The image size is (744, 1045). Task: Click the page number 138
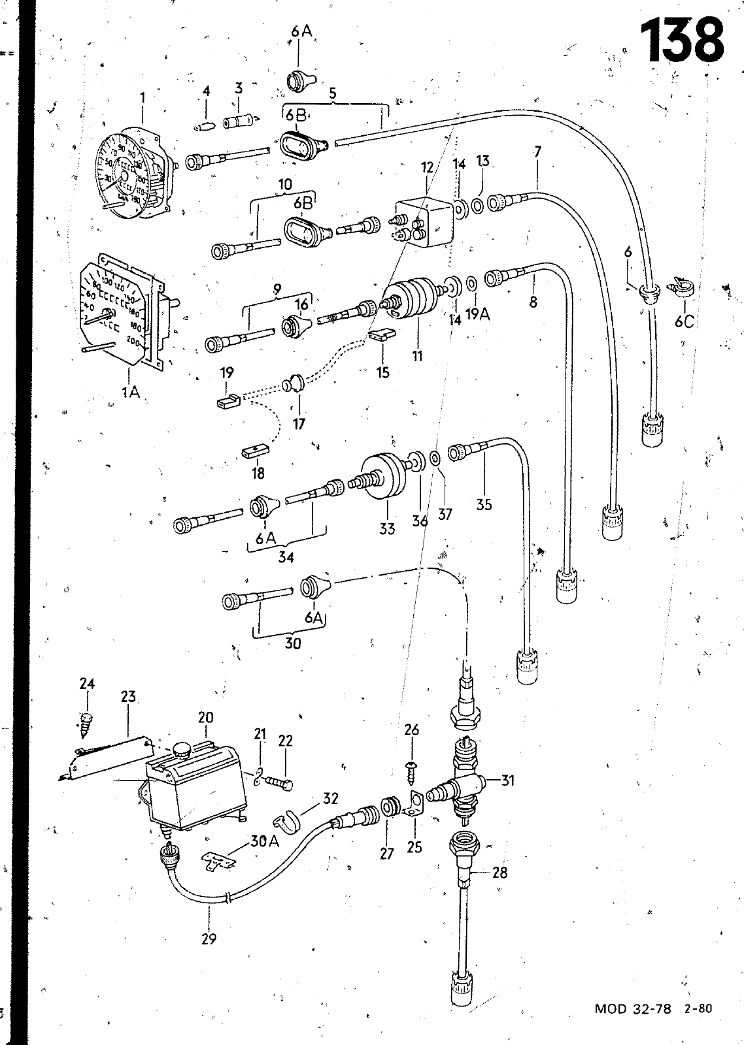coord(683,41)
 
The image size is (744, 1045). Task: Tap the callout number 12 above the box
coord(427,168)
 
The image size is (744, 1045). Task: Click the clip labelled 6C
coord(681,288)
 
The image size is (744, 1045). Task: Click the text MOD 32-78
coord(633,1027)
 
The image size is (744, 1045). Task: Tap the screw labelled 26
coord(411,765)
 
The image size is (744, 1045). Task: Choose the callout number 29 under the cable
coord(209,939)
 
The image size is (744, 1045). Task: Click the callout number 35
coord(484,504)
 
